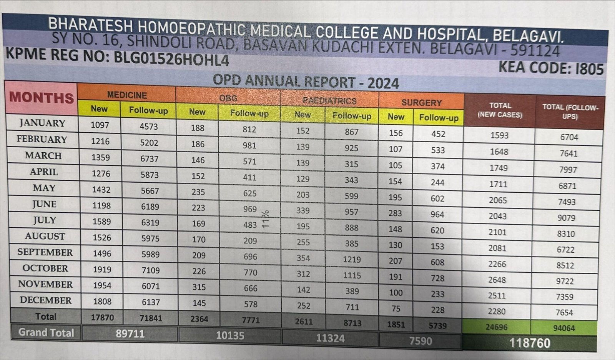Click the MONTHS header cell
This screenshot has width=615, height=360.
click(42, 98)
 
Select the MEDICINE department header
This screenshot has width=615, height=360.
click(127, 95)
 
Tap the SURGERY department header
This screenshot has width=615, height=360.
click(421, 103)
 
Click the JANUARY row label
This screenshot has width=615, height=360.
click(42, 123)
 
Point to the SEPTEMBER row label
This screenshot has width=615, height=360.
click(45, 252)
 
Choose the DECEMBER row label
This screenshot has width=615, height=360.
click(46, 300)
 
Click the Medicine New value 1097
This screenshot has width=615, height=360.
click(100, 125)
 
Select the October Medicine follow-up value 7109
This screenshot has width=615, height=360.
click(151, 270)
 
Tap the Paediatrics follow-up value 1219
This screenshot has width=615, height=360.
click(352, 259)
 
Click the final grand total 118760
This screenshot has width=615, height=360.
click(530, 343)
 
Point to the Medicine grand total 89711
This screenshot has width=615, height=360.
click(130, 333)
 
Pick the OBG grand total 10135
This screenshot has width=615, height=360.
click(230, 335)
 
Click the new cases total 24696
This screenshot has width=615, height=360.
click(496, 327)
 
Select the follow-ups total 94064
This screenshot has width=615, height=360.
click(564, 328)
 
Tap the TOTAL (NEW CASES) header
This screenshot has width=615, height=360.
click(500, 110)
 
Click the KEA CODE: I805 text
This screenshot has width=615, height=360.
click(551, 68)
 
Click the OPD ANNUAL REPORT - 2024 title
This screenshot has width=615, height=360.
click(306, 82)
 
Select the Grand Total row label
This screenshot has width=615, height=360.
click(46, 332)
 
